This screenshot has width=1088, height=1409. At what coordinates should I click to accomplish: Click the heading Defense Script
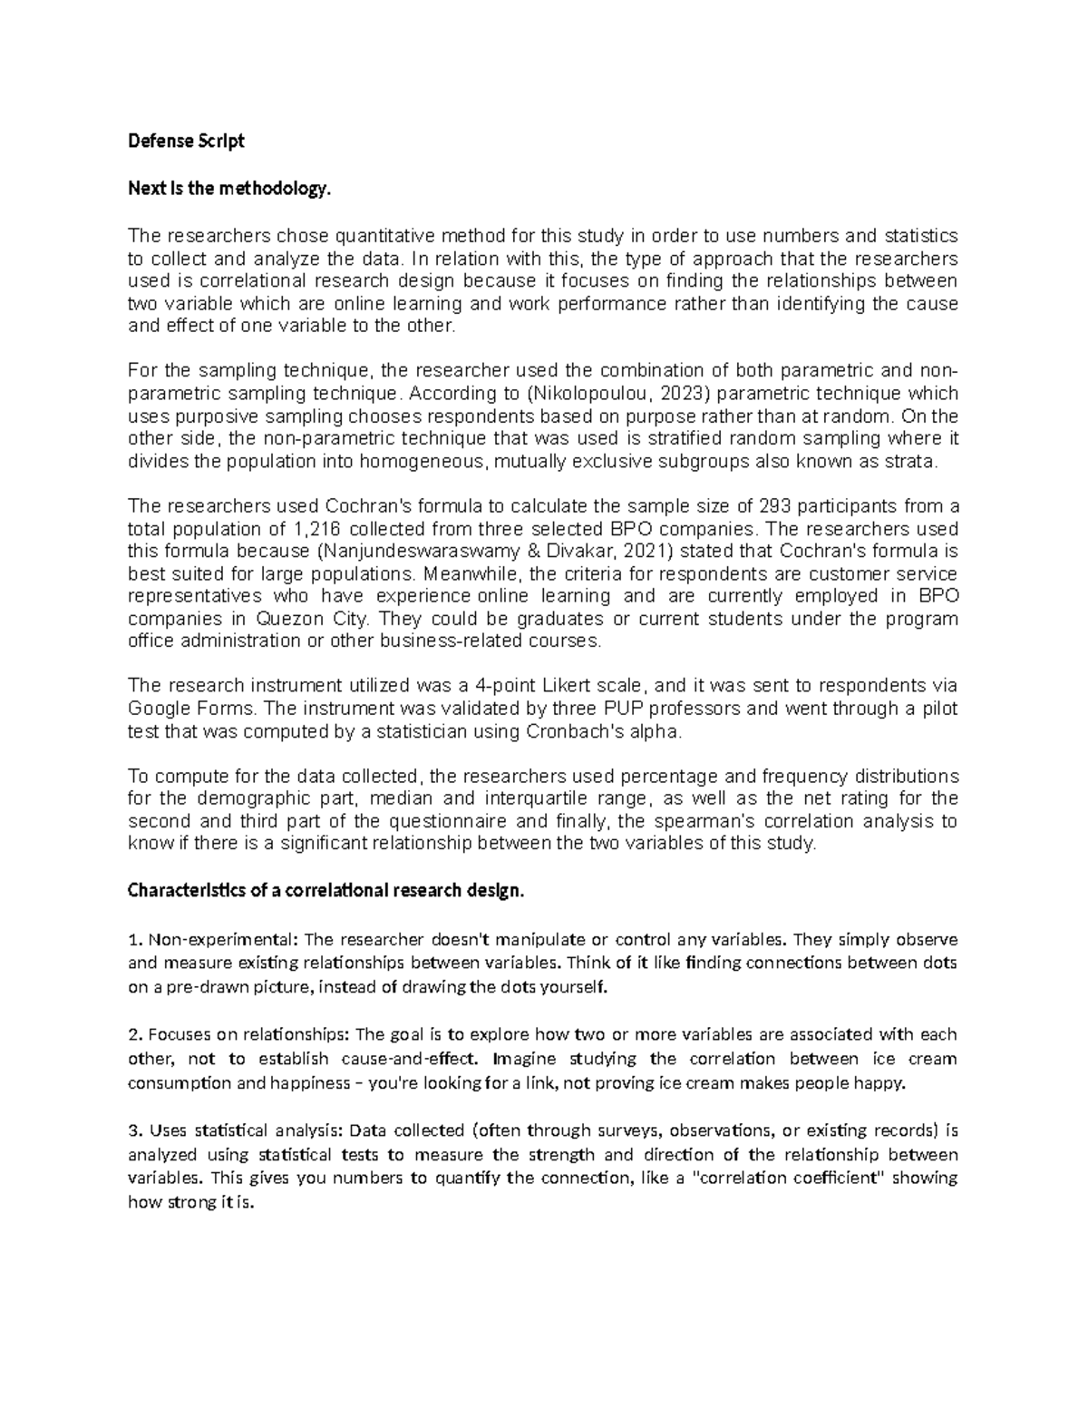pos(186,142)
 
